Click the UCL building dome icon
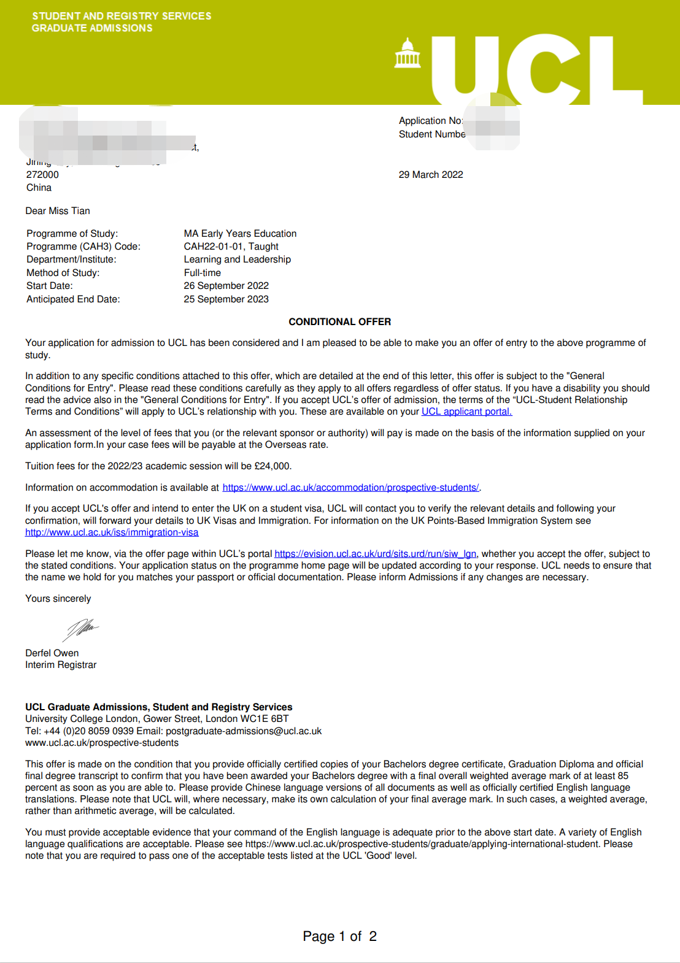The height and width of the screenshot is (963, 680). click(408, 53)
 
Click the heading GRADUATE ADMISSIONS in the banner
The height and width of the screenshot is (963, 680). click(92, 28)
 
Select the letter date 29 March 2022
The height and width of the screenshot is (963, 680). click(431, 175)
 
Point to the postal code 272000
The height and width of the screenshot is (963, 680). click(42, 175)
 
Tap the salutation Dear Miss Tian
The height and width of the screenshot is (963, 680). click(58, 211)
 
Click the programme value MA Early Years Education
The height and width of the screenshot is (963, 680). click(240, 234)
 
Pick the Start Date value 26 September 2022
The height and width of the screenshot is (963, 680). click(226, 286)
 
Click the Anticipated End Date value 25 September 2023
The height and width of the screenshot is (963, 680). click(226, 299)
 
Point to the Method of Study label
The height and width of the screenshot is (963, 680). click(63, 273)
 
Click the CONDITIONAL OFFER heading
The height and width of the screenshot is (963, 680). click(339, 322)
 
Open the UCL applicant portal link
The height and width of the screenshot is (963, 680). click(466, 412)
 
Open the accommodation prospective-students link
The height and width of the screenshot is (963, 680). click(350, 488)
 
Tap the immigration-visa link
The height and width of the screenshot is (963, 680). click(112, 532)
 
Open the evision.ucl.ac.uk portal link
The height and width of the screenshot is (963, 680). click(375, 554)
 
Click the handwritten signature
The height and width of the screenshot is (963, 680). click(81, 628)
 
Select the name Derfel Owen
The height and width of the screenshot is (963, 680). click(52, 653)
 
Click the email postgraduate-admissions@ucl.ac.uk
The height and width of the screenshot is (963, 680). click(244, 731)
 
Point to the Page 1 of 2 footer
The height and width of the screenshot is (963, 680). click(339, 937)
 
